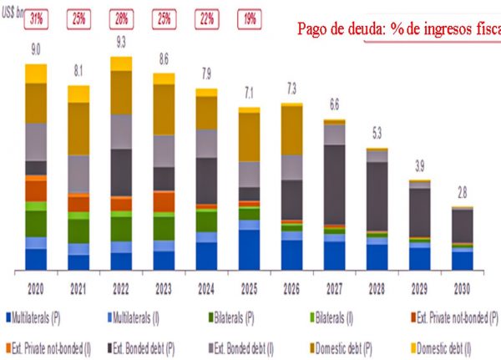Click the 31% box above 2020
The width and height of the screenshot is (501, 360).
pyautogui.click(x=36, y=18)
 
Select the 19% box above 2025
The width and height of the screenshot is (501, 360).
pyautogui.click(x=248, y=18)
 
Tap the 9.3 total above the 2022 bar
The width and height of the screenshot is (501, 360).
pyautogui.click(x=121, y=42)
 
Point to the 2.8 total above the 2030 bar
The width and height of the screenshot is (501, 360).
pyautogui.click(x=463, y=193)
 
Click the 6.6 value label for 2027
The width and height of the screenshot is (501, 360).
pyautogui.click(x=334, y=104)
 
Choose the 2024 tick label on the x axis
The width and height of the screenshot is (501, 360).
pyautogui.click(x=206, y=288)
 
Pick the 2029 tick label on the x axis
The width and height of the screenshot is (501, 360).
pyautogui.click(x=420, y=288)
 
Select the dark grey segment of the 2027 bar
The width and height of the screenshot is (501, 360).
pyautogui.click(x=334, y=184)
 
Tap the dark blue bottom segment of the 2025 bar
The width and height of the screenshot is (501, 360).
pyautogui.click(x=249, y=249)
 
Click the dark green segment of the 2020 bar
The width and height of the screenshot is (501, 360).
pyautogui.click(x=36, y=223)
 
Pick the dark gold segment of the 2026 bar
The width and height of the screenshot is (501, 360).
pyautogui.click(x=291, y=129)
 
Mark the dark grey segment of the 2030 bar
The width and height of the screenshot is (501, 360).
pyautogui.click(x=463, y=225)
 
